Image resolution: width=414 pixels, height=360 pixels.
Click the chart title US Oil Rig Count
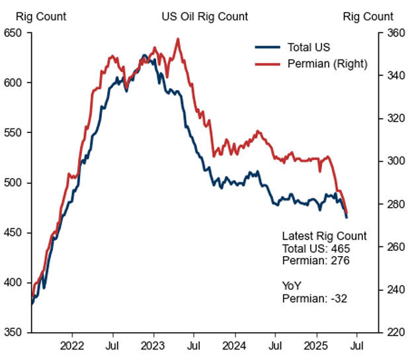(x=205, y=17)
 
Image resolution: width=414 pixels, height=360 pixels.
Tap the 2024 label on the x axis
(x=234, y=345)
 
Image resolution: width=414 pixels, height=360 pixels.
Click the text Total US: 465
(x=315, y=248)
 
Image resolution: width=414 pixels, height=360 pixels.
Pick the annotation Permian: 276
(x=315, y=261)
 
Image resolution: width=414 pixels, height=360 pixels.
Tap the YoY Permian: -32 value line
(x=315, y=298)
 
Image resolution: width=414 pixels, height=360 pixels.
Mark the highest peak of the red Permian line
(x=177, y=39)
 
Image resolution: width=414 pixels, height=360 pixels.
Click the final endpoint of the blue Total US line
(x=347, y=217)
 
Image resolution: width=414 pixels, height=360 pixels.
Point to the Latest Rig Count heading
(x=324, y=236)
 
